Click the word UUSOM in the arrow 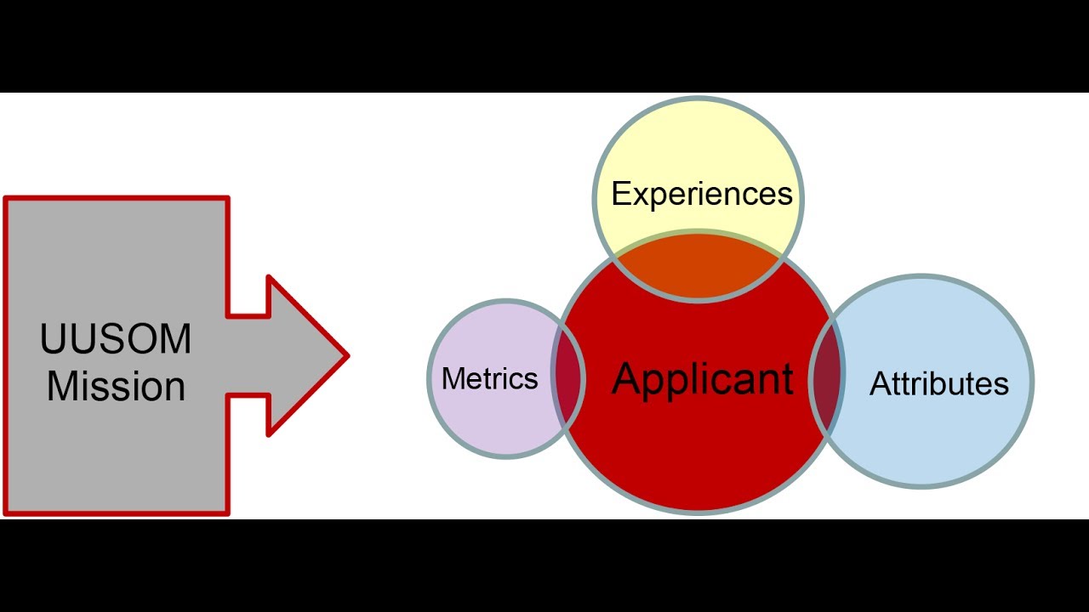[116, 340]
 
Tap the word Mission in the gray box [116, 386]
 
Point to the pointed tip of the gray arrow [345, 356]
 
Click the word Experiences [702, 195]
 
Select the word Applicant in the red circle [703, 379]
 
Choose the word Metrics [490, 379]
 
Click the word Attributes [939, 384]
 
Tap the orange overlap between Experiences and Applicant [698, 268]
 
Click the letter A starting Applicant [627, 379]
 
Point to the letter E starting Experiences [620, 195]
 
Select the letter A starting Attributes [880, 384]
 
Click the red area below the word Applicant [698, 459]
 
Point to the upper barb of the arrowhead [271, 280]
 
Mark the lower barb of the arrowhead [271, 432]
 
